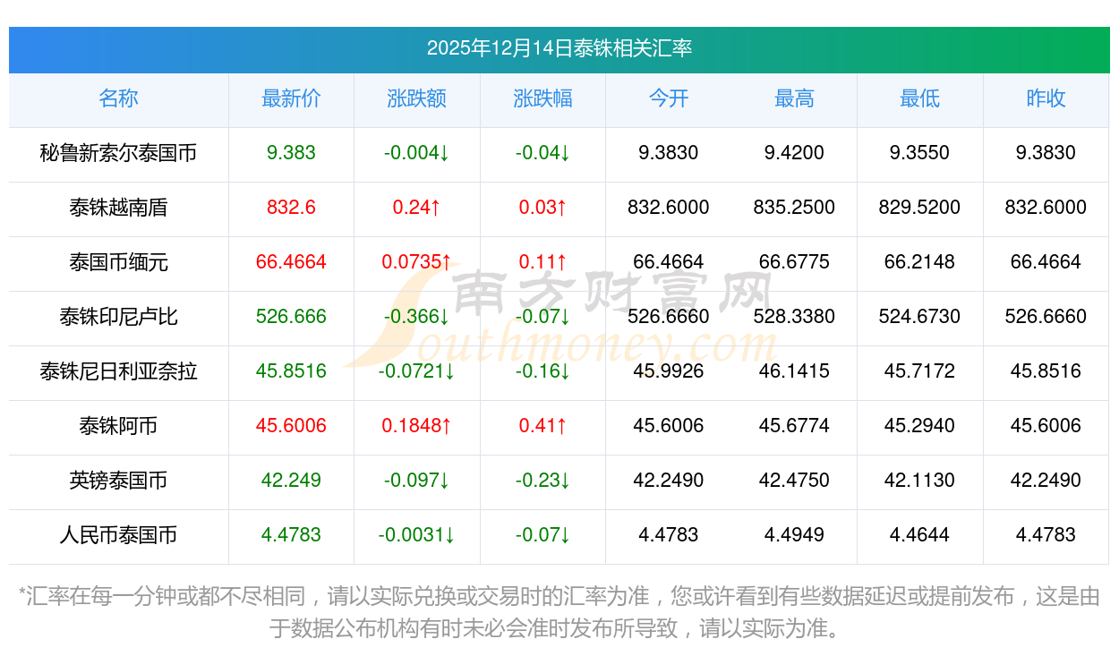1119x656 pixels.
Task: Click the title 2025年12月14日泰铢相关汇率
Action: point(559,48)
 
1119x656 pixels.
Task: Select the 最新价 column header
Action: point(291,98)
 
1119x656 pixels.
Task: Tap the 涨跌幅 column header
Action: point(542,98)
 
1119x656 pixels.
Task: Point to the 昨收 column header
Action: point(1046,98)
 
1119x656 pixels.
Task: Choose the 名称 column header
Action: point(118,98)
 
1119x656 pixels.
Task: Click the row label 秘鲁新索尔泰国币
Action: point(118,153)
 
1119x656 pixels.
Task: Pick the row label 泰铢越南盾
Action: point(118,208)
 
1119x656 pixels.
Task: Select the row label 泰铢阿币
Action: point(118,426)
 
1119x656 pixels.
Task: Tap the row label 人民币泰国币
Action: point(118,535)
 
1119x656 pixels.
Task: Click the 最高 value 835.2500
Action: point(794,208)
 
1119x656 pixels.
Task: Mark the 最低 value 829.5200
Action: point(919,208)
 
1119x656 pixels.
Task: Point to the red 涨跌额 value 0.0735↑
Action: point(416,262)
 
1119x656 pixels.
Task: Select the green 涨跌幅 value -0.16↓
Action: point(542,371)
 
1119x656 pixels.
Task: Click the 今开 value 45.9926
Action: point(668,371)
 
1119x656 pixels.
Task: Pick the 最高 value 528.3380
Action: point(794,317)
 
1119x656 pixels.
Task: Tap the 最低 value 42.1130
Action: point(919,481)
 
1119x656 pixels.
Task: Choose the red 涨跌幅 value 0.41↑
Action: point(542,426)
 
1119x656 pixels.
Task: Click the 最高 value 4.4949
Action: point(794,535)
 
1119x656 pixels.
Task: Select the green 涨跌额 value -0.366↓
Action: point(416,317)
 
